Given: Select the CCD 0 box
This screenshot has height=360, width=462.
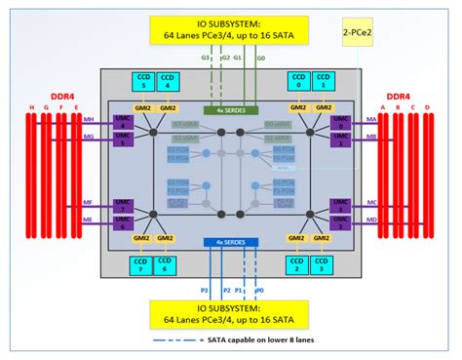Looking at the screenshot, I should [298, 81].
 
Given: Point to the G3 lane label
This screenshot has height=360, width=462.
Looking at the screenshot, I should [206, 60].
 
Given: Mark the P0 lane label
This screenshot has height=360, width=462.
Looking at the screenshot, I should [259, 290].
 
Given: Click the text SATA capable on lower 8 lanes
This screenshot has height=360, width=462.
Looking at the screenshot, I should [276, 340].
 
